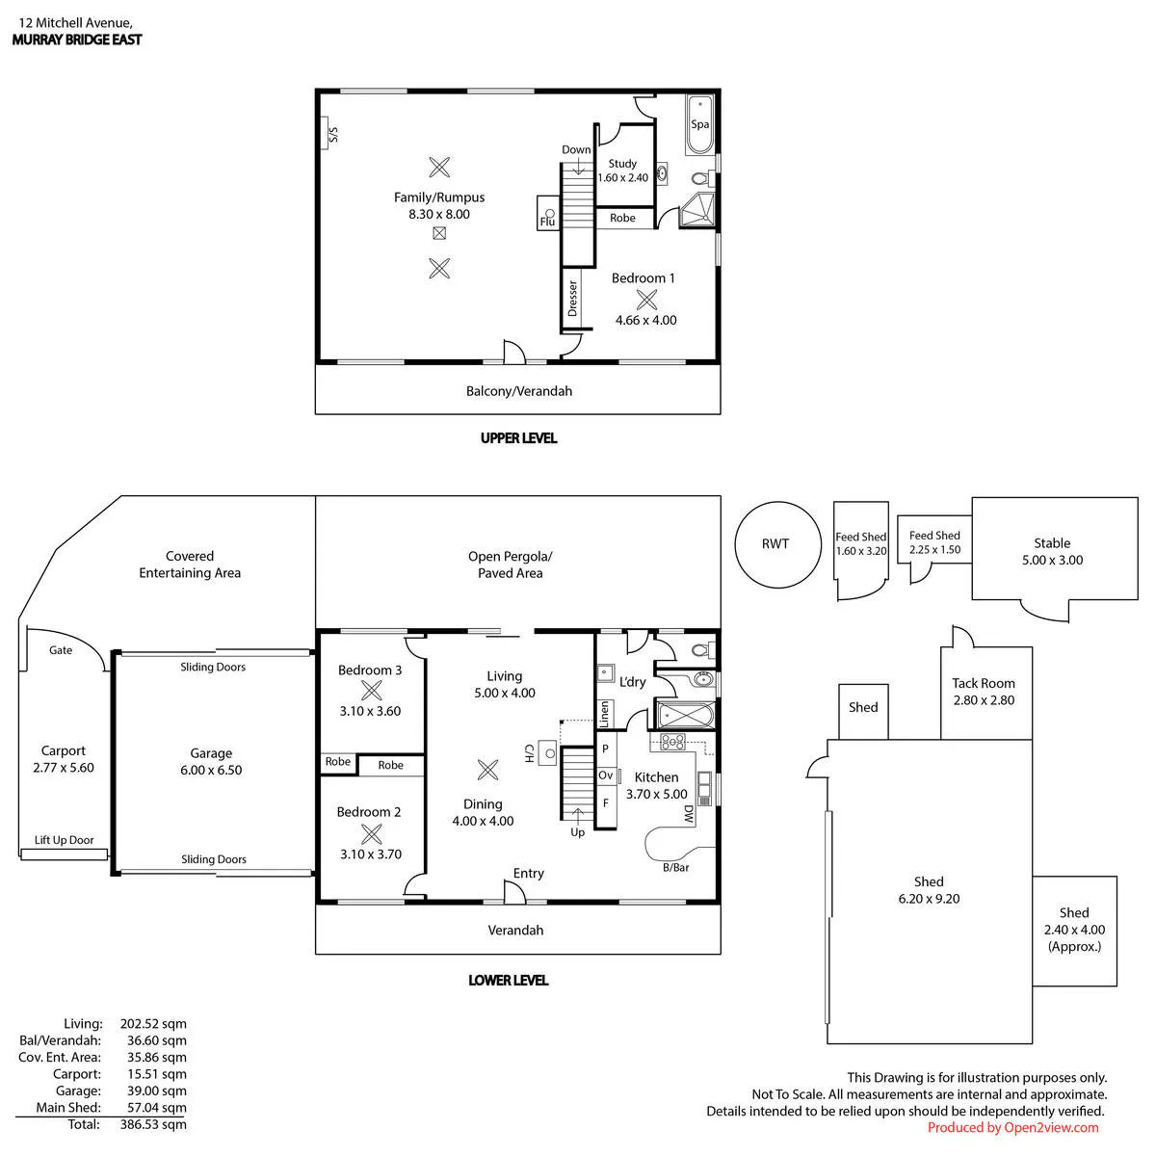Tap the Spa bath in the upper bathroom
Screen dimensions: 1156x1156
point(699,124)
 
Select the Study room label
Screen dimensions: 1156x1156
point(622,163)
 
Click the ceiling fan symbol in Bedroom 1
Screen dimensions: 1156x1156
point(646,300)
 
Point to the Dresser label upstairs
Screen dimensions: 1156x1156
point(572,298)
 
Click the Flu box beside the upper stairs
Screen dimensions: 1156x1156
point(548,214)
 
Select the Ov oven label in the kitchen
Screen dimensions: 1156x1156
point(605,775)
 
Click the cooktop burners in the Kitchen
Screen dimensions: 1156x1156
point(672,742)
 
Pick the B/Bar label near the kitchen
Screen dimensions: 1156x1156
point(675,867)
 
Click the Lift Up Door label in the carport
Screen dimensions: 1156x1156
point(65,840)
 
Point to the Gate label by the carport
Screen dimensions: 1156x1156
point(61,649)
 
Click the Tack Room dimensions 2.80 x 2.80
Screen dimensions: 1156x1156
point(984,700)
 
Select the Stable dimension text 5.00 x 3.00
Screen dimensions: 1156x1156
point(1052,560)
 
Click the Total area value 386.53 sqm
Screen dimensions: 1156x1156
point(153,1123)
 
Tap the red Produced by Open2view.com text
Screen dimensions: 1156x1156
point(1012,1127)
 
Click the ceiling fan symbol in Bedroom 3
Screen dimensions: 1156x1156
point(371,691)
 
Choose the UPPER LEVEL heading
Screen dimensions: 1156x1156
point(519,438)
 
